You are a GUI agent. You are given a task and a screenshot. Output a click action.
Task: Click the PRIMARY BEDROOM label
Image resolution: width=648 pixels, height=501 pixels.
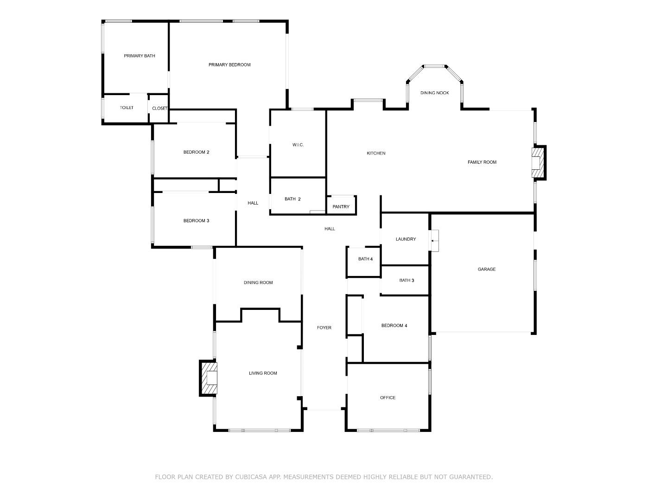tap(229, 65)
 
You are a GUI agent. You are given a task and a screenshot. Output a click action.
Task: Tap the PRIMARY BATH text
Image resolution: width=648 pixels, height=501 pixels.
tap(139, 56)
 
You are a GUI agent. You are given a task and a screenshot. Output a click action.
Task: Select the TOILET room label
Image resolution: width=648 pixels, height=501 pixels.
tap(127, 108)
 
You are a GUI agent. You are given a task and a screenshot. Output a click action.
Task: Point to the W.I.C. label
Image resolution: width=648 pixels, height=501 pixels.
tap(298, 145)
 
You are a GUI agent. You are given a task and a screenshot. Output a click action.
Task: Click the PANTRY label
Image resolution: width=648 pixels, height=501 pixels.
tap(341, 207)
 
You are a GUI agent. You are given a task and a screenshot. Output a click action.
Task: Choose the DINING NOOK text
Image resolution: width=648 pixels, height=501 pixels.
tap(434, 93)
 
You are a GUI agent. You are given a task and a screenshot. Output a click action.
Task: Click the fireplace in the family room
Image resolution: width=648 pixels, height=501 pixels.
tap(538, 163)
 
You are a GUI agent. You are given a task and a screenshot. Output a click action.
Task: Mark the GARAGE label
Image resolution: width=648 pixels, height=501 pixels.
tap(487, 269)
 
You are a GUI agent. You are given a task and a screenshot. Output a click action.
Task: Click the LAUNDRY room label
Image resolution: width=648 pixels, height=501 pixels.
tap(406, 239)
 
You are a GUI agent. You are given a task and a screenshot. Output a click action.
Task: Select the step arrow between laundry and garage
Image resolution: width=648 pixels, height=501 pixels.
tap(432, 240)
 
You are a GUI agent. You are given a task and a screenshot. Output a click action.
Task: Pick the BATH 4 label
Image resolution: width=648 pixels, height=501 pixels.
tap(365, 259)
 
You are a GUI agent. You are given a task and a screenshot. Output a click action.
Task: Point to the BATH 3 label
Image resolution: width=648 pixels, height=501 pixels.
tap(407, 281)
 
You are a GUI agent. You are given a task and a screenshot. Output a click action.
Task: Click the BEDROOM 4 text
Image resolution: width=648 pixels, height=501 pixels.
tap(394, 326)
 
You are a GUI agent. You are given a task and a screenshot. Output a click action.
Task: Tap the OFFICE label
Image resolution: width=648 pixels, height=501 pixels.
tap(388, 398)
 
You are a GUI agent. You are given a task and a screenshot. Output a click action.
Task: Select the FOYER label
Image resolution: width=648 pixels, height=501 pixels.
tap(324, 328)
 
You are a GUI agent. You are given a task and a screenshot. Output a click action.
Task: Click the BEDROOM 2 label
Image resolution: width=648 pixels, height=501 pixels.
tap(196, 152)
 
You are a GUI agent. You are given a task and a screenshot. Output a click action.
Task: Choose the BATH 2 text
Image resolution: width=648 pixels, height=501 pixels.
tap(292, 199)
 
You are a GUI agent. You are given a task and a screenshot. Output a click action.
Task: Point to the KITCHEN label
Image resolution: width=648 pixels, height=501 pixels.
tap(376, 154)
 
